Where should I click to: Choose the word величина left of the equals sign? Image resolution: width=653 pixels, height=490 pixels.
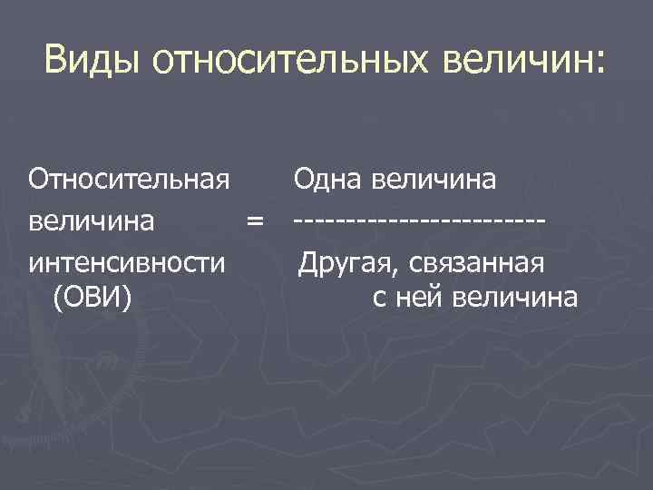tap(91, 220)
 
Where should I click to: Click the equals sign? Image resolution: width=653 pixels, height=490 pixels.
tap(256, 220)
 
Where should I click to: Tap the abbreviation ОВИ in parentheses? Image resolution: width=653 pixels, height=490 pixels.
tap(94, 296)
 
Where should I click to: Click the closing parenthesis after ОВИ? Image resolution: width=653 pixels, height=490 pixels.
tap(130, 297)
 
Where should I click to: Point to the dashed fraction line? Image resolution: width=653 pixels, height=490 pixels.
tap(418, 220)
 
